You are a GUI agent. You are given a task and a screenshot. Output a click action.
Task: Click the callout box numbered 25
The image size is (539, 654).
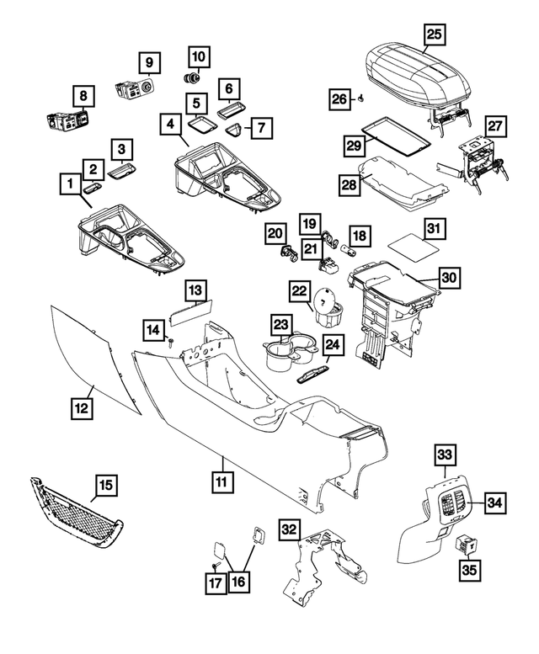[434, 35]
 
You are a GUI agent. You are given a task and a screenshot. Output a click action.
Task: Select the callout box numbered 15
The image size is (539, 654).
[105, 486]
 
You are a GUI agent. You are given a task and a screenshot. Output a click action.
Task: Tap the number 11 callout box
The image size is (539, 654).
[221, 482]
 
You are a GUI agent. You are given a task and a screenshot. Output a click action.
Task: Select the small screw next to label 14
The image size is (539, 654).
[170, 341]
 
